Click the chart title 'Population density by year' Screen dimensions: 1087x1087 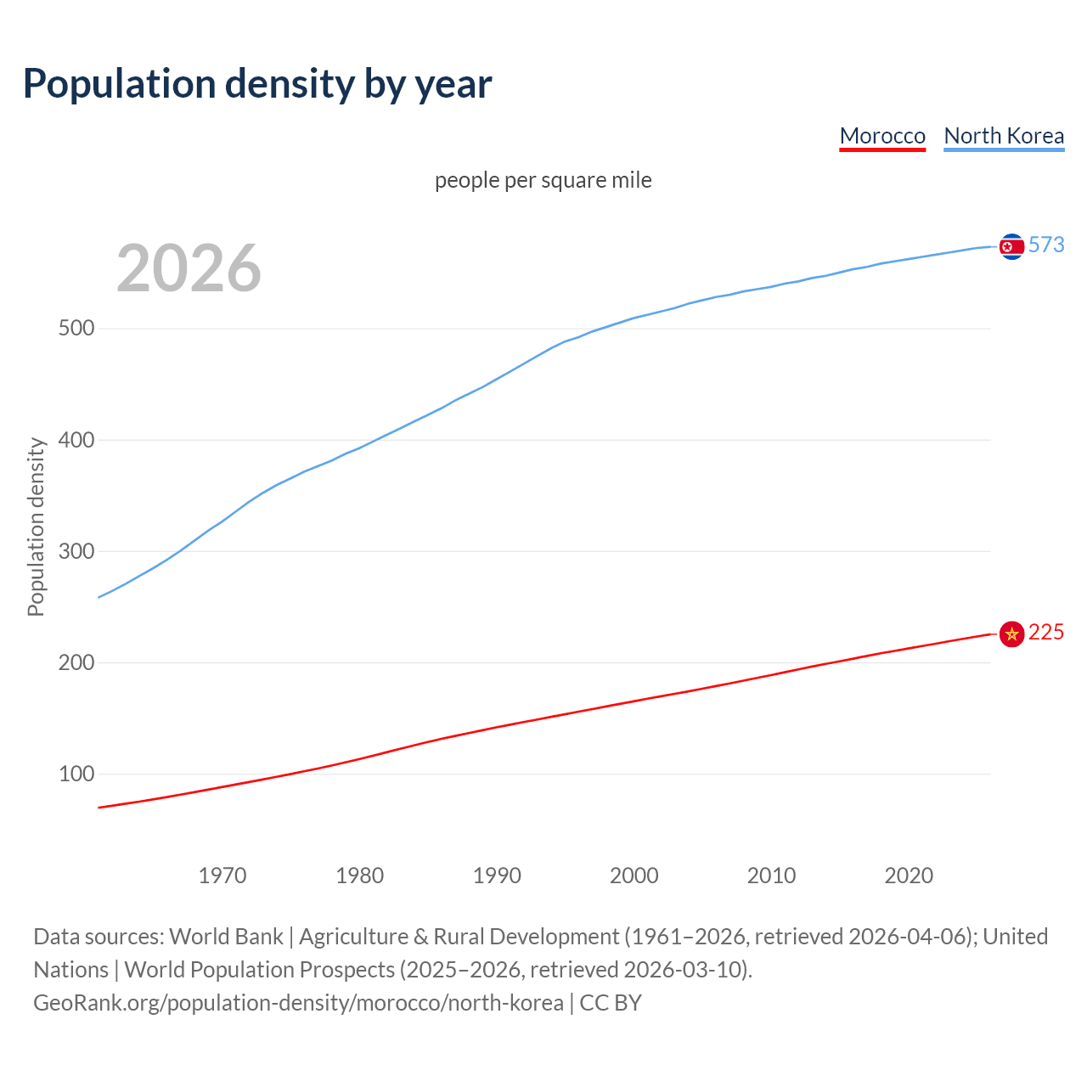pyautogui.click(x=257, y=83)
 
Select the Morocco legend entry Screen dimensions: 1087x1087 pyautogui.click(x=882, y=136)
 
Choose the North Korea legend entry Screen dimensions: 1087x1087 pyautogui.click(x=1004, y=136)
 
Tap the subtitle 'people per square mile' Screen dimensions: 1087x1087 pyautogui.click(x=543, y=180)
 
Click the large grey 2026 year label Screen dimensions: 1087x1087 pyautogui.click(x=189, y=268)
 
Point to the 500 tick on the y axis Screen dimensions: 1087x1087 pyautogui.click(x=76, y=329)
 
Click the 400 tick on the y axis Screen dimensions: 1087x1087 pyautogui.click(x=76, y=440)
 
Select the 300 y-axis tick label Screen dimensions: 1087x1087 pyautogui.click(x=76, y=551)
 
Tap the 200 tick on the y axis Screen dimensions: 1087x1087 pyautogui.click(x=76, y=662)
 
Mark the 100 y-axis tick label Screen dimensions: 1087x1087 pyautogui.click(x=76, y=774)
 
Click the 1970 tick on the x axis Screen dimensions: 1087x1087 pyautogui.click(x=222, y=876)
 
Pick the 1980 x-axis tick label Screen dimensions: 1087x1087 pyautogui.click(x=359, y=876)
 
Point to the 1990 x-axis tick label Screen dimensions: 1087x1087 pyautogui.click(x=497, y=876)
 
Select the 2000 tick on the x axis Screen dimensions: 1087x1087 pyautogui.click(x=634, y=876)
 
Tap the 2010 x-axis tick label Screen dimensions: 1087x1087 pyautogui.click(x=771, y=876)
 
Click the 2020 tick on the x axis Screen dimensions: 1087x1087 pyautogui.click(x=909, y=876)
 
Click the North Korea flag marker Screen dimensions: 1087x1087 pyautogui.click(x=1011, y=246)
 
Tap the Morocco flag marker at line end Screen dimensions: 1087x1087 pyautogui.click(x=1011, y=634)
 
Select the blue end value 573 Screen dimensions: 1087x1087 pyautogui.click(x=1046, y=245)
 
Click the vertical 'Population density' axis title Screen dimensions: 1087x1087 pyautogui.click(x=36, y=527)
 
